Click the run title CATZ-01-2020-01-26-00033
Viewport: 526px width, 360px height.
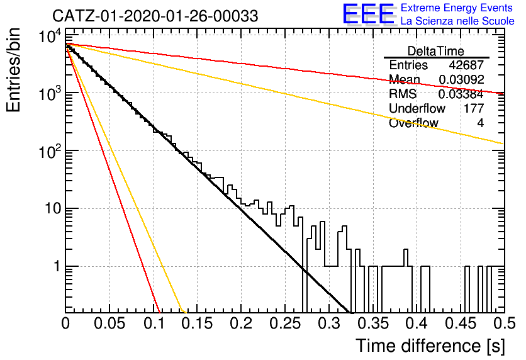(x=155, y=16)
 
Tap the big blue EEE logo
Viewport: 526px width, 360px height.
(x=369, y=14)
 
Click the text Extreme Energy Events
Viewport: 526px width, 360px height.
(x=457, y=8)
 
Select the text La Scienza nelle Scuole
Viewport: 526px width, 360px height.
(x=457, y=21)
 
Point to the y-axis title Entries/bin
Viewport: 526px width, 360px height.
(x=13, y=70)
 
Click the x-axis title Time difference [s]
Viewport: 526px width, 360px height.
(x=430, y=346)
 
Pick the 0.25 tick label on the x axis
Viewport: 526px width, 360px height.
(x=285, y=323)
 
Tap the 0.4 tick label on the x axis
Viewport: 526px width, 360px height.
(x=417, y=323)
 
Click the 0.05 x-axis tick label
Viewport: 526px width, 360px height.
(x=109, y=323)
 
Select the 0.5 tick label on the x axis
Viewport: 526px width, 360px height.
(x=504, y=323)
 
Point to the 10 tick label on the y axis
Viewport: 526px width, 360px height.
(x=53, y=209)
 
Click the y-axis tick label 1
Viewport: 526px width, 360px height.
(x=57, y=267)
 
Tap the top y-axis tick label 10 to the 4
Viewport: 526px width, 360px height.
(x=51, y=36)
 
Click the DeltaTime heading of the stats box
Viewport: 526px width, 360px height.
(x=436, y=51)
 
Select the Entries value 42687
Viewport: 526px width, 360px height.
(x=466, y=65)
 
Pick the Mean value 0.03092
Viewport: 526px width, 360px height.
(x=461, y=79)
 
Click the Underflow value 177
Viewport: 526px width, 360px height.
(x=474, y=108)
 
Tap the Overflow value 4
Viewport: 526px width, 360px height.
(x=480, y=123)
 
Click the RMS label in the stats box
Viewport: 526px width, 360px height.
(x=403, y=94)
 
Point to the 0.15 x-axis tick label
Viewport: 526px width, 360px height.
(x=198, y=323)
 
